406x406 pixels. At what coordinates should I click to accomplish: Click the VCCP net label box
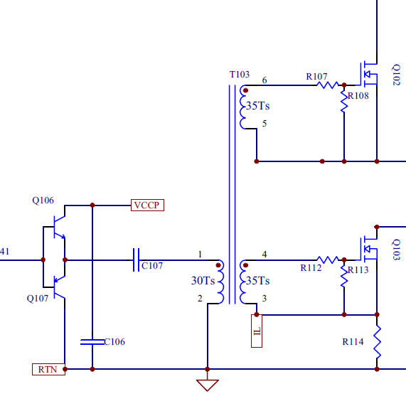pyautogui.click(x=147, y=205)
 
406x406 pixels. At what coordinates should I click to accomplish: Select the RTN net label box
pyautogui.click(x=48, y=369)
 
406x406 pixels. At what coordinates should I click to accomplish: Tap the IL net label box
pyautogui.click(x=257, y=331)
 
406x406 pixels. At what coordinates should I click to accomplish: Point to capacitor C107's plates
pyautogui.click(x=137, y=260)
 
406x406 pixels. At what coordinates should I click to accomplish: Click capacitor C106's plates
pyautogui.click(x=92, y=342)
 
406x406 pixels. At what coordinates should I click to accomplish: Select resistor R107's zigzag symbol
pyautogui.click(x=328, y=85)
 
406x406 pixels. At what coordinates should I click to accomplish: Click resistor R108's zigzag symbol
pyautogui.click(x=344, y=102)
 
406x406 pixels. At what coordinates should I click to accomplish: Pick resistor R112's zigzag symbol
pyautogui.click(x=328, y=260)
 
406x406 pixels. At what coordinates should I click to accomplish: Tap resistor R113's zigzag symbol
pyautogui.click(x=344, y=277)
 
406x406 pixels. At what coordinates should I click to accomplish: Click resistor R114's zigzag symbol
pyautogui.click(x=377, y=342)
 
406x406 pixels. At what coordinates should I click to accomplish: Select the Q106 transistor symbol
pyautogui.click(x=59, y=227)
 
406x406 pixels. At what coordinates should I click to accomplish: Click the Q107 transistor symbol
pyautogui.click(x=59, y=287)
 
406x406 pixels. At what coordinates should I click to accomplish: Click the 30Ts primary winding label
pyautogui.click(x=203, y=281)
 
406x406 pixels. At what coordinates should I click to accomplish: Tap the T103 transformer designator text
pyautogui.click(x=240, y=75)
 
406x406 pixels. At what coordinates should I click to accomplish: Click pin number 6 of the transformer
pyautogui.click(x=265, y=80)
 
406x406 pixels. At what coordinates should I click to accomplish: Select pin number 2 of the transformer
pyautogui.click(x=200, y=299)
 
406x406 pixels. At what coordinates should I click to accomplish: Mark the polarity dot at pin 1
pyautogui.click(x=218, y=265)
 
